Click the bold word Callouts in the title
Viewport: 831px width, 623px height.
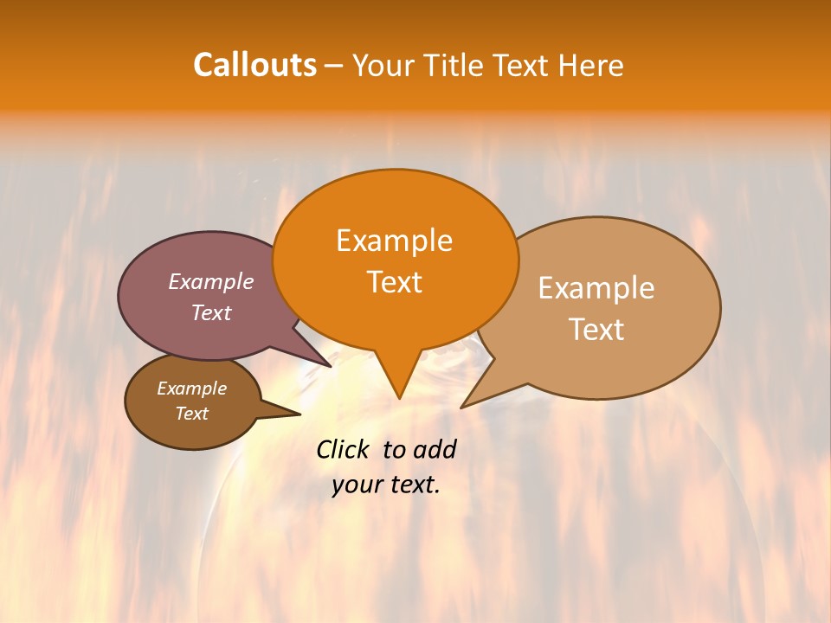(254, 65)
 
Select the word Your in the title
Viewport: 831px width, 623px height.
(385, 66)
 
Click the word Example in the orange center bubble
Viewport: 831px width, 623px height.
(394, 241)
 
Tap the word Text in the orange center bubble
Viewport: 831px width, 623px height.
(394, 282)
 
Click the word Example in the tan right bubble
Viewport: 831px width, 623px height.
(596, 288)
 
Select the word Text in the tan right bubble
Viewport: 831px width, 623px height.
(596, 330)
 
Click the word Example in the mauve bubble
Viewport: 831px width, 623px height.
(210, 281)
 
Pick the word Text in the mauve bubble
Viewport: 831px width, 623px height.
(210, 312)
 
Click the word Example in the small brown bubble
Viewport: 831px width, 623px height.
(191, 389)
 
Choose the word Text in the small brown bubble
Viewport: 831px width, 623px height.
(191, 414)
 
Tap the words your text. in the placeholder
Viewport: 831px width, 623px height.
(386, 485)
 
